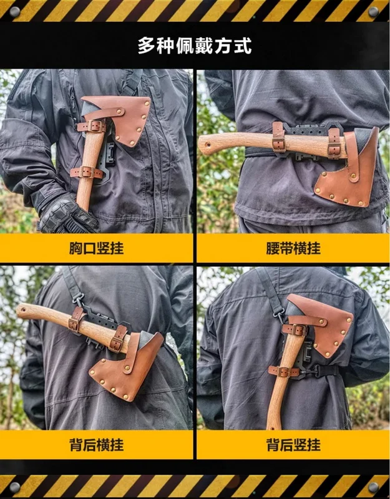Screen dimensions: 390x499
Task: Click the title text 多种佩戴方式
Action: (x=195, y=46)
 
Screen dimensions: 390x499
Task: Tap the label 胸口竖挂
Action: (x=97, y=248)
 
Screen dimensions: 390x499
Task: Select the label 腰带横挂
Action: (x=293, y=248)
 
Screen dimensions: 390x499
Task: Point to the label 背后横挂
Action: (x=97, y=445)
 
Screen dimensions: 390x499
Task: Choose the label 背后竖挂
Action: (x=293, y=445)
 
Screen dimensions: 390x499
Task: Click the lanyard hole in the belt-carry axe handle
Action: (x=208, y=145)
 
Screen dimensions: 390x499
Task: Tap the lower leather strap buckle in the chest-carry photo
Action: (x=86, y=172)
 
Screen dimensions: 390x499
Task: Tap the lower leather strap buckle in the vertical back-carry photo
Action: (x=284, y=371)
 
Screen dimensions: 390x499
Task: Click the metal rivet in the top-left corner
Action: (x=14, y=12)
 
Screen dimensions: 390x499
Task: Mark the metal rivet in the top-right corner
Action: (x=373, y=12)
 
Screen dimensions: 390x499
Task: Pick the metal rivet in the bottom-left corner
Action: (x=14, y=487)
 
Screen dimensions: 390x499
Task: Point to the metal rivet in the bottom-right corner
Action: (x=373, y=487)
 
